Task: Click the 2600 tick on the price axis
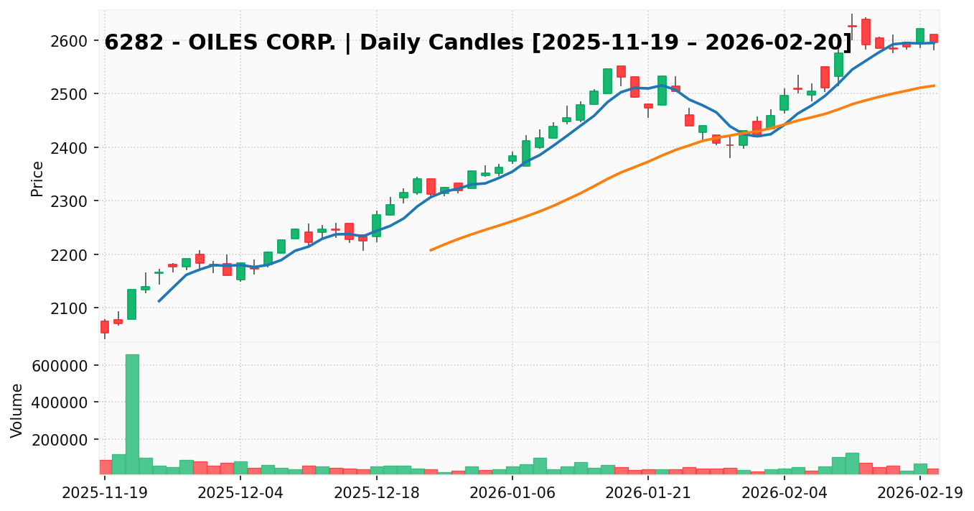tap(75, 41)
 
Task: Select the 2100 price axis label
tap(75, 308)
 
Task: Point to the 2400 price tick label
tap(75, 148)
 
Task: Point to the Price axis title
tap(37, 178)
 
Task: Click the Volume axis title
tap(17, 410)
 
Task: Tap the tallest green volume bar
tap(132, 414)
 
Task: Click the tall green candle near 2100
tap(132, 304)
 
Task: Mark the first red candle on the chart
tap(105, 327)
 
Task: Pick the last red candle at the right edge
tap(933, 38)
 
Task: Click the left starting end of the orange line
tap(431, 250)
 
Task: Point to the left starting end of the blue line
tap(159, 301)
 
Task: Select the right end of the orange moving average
tap(934, 86)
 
